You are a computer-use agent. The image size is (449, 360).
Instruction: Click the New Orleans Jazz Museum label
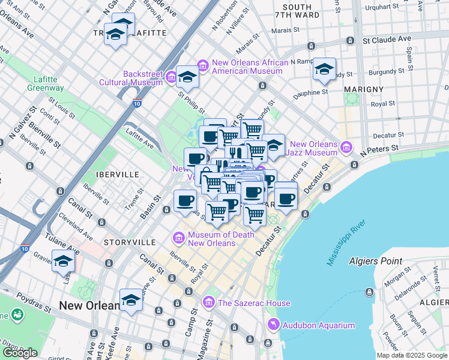click(x=313, y=149)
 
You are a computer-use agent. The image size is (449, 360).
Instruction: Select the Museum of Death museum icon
click(x=178, y=239)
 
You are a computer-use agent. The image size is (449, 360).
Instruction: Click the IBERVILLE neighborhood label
click(x=117, y=174)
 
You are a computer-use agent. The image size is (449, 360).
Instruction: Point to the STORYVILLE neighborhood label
click(x=129, y=242)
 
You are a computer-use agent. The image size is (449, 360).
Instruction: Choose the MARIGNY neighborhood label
click(x=364, y=89)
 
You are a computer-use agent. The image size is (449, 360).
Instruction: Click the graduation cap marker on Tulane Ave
click(x=63, y=261)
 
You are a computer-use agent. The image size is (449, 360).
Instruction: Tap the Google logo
click(x=20, y=353)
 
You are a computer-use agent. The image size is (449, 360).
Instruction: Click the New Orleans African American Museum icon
click(x=202, y=64)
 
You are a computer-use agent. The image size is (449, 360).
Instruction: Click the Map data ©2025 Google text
click(x=412, y=355)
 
